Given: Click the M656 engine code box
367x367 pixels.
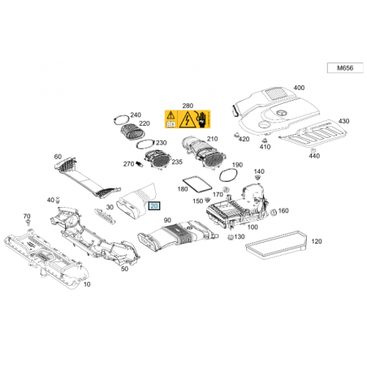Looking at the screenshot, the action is point(345,68).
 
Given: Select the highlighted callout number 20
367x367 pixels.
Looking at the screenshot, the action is point(154,206).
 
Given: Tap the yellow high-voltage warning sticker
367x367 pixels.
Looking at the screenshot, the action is point(188,119).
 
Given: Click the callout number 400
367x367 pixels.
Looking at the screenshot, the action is point(299,88).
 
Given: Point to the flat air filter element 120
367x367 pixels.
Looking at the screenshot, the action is point(276,245).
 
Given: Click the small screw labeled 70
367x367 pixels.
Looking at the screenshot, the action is point(28,222).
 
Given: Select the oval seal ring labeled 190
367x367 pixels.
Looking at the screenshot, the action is point(228,175).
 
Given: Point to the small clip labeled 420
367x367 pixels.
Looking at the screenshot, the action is point(237,136).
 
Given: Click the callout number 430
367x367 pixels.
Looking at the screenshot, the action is point(343,121).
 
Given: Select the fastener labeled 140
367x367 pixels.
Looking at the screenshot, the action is point(257,178).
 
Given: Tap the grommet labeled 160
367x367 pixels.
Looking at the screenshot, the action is point(273,213).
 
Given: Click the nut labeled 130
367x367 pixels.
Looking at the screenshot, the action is point(231,237).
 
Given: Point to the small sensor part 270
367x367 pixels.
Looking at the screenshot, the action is point(139,164).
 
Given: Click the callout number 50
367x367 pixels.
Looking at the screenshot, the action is point(124,269).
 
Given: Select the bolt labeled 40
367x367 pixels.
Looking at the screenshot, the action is point(58,201).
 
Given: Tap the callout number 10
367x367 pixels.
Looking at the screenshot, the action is point(87,284).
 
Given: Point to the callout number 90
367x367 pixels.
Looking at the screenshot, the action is point(167,220).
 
